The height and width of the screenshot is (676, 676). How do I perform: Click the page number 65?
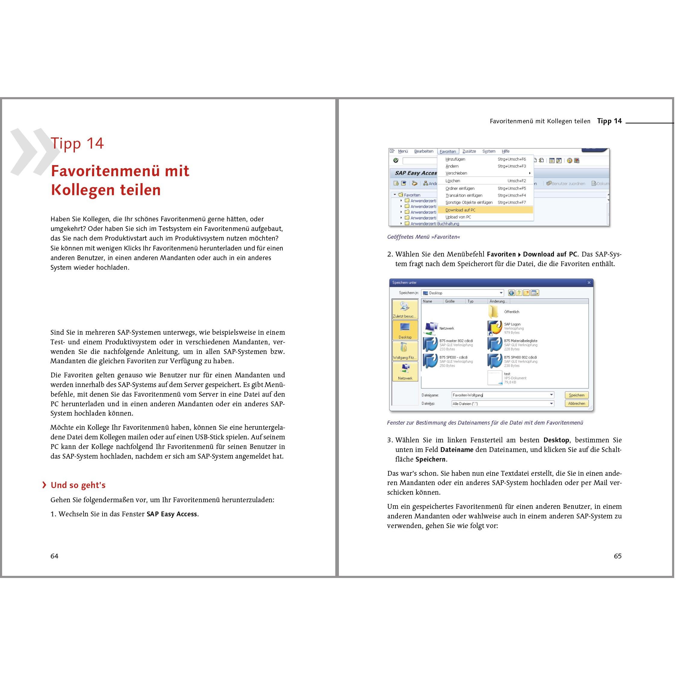pos(618,556)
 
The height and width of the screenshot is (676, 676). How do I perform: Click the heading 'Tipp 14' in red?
pos(77,143)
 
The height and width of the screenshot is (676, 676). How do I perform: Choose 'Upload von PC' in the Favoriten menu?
pos(458,217)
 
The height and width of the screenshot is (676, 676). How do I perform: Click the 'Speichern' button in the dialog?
pos(576,395)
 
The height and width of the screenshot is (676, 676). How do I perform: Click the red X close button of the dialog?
pos(589,282)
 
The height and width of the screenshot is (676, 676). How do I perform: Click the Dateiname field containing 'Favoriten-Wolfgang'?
pos(500,395)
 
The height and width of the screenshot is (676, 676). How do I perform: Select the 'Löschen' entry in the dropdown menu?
pos(453,181)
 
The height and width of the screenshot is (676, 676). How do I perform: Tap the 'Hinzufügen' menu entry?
pos(455,159)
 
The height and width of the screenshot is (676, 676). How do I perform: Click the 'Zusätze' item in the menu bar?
pos(469,152)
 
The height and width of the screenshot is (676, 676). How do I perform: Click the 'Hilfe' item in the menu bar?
pos(505,152)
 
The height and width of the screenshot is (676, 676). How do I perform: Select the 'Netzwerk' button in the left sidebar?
pos(405,371)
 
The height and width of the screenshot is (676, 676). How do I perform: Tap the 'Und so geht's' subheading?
pos(78,485)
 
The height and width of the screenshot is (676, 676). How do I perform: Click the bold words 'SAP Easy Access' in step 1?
pos(172,514)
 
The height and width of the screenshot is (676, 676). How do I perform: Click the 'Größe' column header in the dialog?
pos(450,301)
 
